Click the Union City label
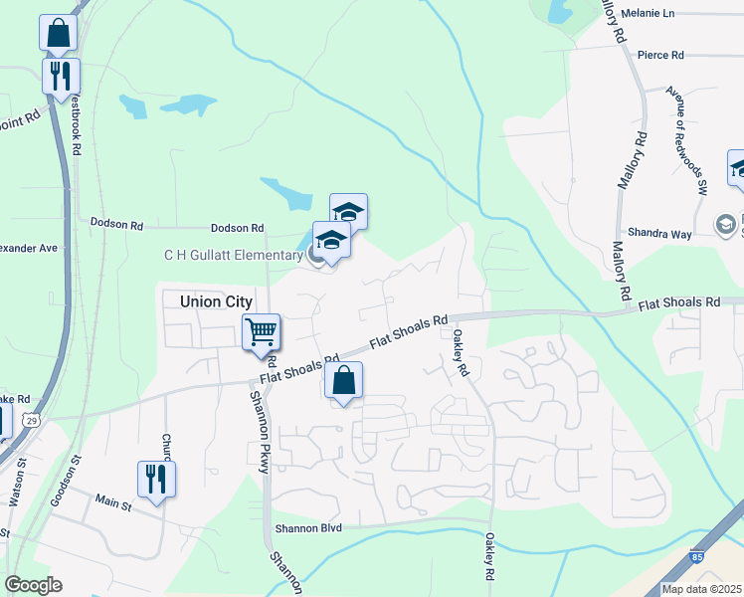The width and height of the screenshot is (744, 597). click(217, 301)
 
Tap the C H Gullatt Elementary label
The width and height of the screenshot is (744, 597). click(234, 255)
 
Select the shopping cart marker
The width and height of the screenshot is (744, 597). click(261, 331)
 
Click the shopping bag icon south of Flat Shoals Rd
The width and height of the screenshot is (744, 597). click(343, 380)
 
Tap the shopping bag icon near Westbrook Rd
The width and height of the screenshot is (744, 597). click(59, 33)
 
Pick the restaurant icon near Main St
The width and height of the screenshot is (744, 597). click(157, 479)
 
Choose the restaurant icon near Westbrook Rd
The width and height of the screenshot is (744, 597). click(62, 76)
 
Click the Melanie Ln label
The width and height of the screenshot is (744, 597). click(647, 14)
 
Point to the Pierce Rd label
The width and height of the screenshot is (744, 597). click(660, 55)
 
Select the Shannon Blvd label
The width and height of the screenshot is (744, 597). click(307, 528)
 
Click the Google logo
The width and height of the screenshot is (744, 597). click(33, 584)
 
